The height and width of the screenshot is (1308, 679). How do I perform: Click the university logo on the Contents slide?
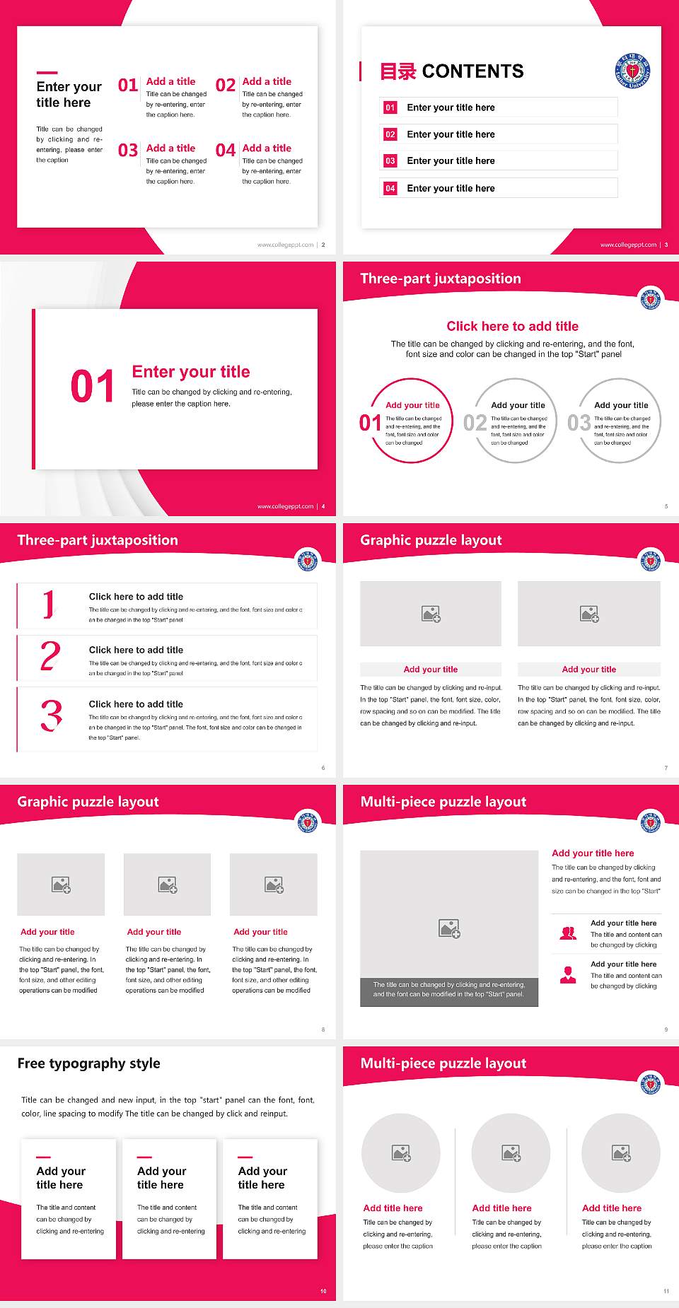click(632, 71)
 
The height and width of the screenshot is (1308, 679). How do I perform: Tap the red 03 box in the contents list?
click(390, 161)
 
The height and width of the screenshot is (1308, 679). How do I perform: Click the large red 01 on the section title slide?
click(92, 387)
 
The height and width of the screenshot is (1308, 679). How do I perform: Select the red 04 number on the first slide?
click(226, 151)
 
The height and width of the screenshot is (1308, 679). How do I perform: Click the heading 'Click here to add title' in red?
click(512, 326)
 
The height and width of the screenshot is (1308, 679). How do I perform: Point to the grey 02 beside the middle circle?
click(475, 423)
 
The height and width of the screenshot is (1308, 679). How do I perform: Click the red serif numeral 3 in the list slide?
click(51, 716)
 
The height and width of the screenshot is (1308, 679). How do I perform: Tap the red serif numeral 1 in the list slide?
click(49, 605)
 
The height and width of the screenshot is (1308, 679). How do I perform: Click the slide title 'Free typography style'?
click(88, 1063)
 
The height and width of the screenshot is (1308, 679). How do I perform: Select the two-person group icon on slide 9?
click(568, 933)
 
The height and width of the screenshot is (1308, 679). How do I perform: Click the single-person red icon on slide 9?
click(568, 975)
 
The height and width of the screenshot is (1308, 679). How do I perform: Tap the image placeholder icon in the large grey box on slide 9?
click(449, 928)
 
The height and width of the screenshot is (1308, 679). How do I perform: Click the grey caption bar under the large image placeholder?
click(449, 989)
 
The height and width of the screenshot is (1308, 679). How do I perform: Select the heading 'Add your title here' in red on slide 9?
click(593, 853)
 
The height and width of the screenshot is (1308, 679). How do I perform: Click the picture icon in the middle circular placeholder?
click(511, 1153)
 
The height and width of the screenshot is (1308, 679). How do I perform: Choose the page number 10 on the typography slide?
click(323, 1291)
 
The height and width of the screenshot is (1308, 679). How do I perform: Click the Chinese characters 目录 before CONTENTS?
click(397, 71)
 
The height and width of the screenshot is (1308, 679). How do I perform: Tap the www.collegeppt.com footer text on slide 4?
click(285, 506)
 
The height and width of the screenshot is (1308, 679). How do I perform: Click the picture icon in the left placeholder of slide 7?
click(431, 614)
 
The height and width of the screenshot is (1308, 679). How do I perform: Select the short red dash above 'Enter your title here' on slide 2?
click(47, 72)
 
